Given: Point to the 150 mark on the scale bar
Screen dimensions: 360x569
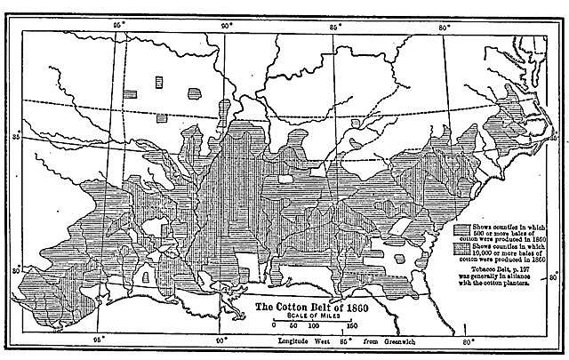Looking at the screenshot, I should [352, 326].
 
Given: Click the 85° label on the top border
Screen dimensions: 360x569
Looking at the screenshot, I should [335, 15].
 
